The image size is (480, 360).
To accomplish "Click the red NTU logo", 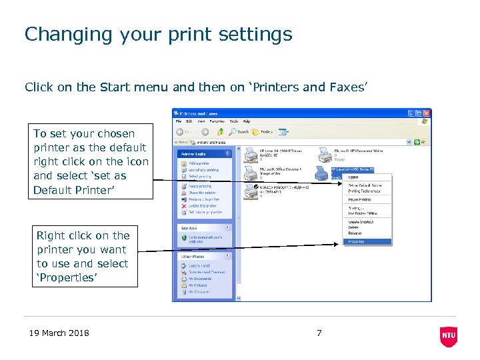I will pos(449,337).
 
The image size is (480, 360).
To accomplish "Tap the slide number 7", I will pos(319,333).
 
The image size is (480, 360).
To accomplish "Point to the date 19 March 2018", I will pos(59,333).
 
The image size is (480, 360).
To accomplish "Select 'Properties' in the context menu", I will pos(357,241).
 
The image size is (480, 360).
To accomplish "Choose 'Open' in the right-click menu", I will pos(353,177).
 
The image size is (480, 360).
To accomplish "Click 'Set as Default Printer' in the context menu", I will pos(365,185).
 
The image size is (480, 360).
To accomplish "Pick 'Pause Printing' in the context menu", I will pos(359,199).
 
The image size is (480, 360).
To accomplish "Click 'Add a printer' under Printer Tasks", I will pos(198,163).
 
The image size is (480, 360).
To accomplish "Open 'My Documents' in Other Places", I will pos(199,279).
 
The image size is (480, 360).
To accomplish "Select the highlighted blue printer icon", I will pos(322,173).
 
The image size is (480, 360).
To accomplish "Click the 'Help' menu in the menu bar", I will pos(247,121).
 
